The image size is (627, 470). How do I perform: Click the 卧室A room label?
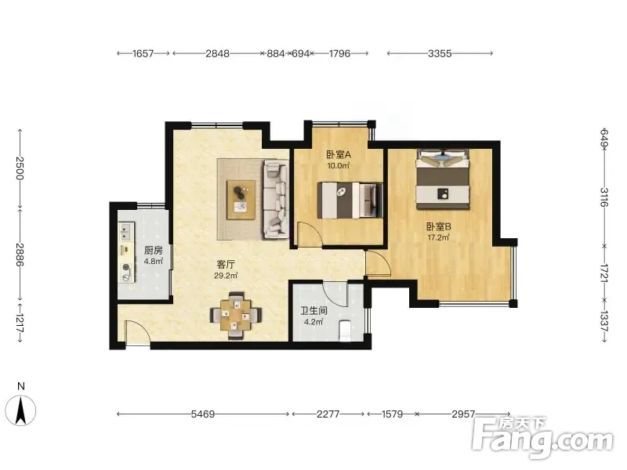pyautogui.click(x=339, y=154)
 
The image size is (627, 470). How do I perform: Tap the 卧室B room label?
pyautogui.click(x=439, y=226)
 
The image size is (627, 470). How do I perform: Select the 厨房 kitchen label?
pyautogui.click(x=153, y=251)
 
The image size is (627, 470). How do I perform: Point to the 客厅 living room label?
pyautogui.click(x=226, y=264)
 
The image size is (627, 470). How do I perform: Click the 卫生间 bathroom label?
pyautogui.click(x=313, y=310)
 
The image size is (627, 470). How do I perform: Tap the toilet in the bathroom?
pyautogui.click(x=345, y=331)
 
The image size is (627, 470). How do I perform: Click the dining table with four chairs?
pyautogui.click(x=237, y=316)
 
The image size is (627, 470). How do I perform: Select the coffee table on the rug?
pyautogui.click(x=241, y=200)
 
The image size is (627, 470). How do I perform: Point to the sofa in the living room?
pyautogui.click(x=276, y=199)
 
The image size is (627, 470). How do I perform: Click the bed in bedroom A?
pyautogui.click(x=350, y=201)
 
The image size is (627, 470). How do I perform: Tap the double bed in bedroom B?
pyautogui.click(x=442, y=179)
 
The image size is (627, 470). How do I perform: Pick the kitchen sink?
pyautogui.click(x=125, y=231)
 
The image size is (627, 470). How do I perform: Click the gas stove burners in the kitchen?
pyautogui.click(x=127, y=272)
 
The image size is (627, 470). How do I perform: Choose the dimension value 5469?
pyautogui.click(x=203, y=414)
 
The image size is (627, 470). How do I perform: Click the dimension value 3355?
pyautogui.click(x=440, y=53)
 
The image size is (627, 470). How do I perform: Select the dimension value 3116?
pyautogui.click(x=603, y=197)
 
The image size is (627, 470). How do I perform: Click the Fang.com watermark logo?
pyautogui.click(x=542, y=437)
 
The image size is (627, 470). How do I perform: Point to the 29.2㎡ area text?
pyautogui.click(x=226, y=276)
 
